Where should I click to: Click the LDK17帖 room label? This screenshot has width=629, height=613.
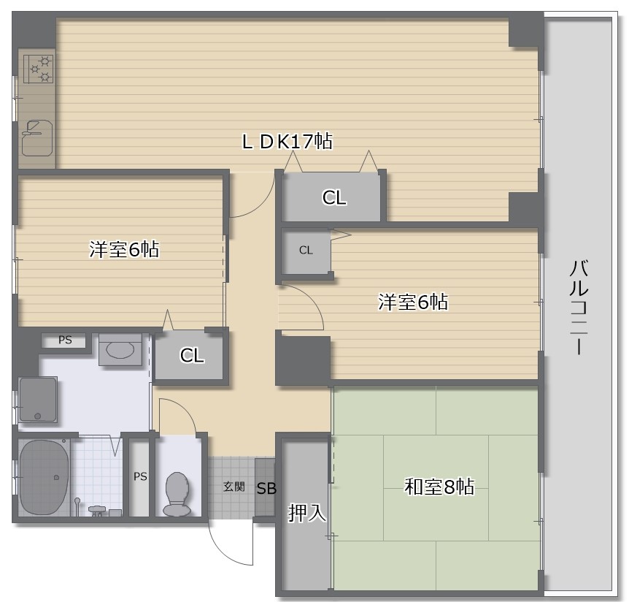tap(287, 141)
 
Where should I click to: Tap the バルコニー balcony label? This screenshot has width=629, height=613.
tap(579, 307)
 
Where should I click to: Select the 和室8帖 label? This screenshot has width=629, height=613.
tap(439, 486)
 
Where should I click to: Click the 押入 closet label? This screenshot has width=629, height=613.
tap(307, 513)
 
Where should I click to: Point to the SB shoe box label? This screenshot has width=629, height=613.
tap(266, 489)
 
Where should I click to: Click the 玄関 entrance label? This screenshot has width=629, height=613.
tap(234, 487)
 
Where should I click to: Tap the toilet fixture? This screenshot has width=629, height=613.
tap(177, 493)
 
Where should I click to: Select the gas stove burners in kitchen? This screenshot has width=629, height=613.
tap(39, 68)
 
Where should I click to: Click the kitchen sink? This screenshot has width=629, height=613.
tap(37, 137)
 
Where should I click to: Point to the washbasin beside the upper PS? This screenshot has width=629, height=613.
tap(121, 349)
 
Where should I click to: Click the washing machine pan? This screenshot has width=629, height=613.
tap(38, 400)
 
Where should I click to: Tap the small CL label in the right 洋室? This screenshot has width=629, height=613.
tap(306, 250)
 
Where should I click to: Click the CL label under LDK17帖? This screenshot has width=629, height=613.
tap(334, 197)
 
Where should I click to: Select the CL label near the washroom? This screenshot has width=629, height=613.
tap(192, 356)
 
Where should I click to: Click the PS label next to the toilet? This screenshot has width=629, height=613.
tap(140, 476)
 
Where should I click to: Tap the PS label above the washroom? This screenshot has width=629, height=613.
tap(65, 340)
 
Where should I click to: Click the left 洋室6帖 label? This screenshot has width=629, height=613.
tap(124, 249)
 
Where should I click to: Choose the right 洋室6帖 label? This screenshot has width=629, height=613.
tap(413, 301)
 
